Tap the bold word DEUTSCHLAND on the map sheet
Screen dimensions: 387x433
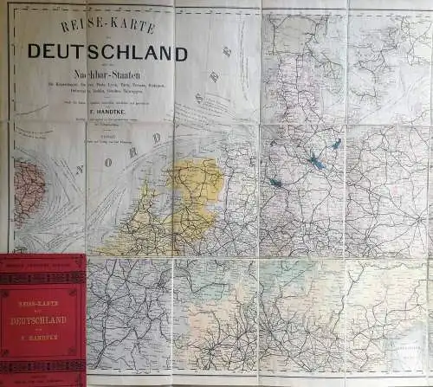(x=107, y=53)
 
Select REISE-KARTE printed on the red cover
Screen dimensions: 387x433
(x=42, y=302)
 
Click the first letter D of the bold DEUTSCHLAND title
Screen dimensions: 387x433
(x=34, y=53)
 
